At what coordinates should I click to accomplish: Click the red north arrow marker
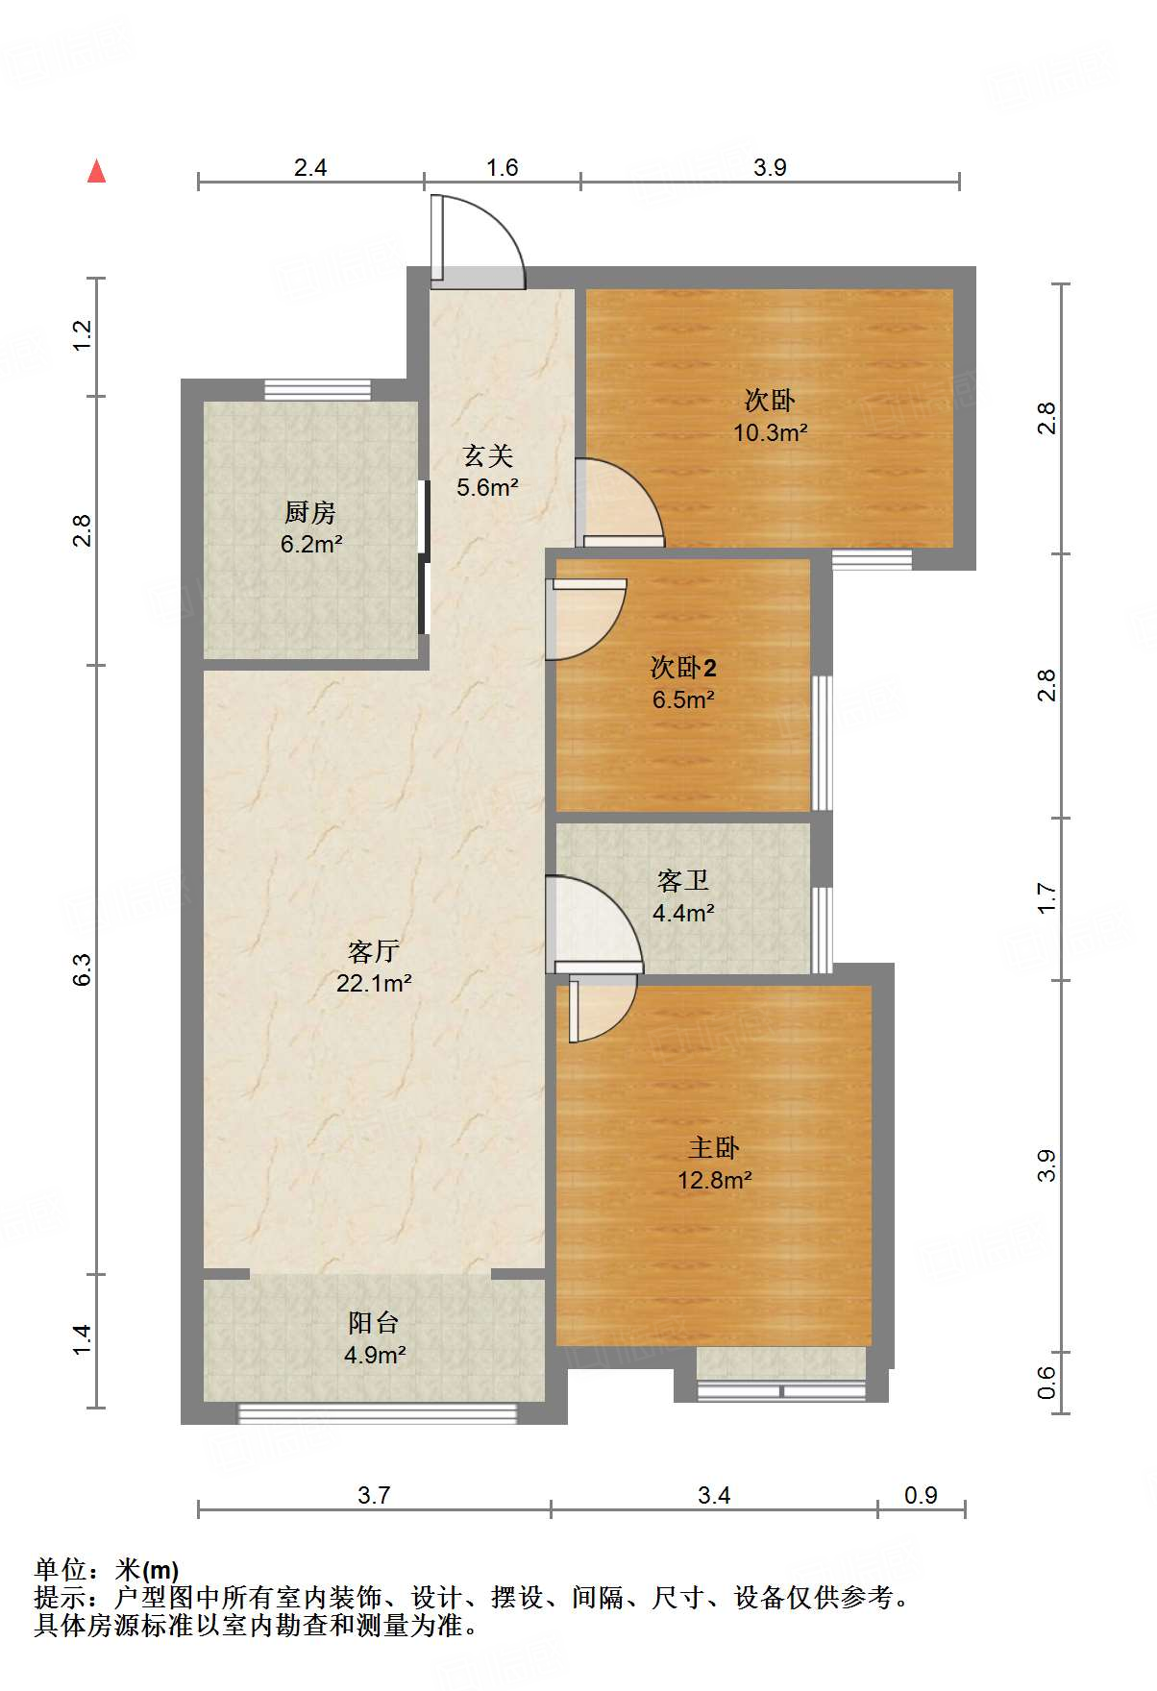click(96, 171)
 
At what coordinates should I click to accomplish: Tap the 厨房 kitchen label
click(310, 512)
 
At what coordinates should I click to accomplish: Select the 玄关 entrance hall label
click(488, 455)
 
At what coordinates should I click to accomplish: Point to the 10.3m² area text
click(771, 432)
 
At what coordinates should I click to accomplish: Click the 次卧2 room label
click(683, 667)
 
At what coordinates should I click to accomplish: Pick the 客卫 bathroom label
click(683, 880)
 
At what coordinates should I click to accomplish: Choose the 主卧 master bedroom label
click(714, 1147)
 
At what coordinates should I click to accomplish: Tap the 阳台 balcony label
click(374, 1323)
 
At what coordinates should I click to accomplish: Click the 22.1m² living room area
click(374, 983)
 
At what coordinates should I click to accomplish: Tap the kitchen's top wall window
click(317, 390)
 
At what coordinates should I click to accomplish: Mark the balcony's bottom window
click(377, 1413)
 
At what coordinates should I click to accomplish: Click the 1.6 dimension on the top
click(502, 168)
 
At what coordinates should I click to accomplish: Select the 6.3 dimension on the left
click(83, 968)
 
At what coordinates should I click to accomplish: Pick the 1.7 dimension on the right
click(1047, 898)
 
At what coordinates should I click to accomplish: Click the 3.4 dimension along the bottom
click(714, 1495)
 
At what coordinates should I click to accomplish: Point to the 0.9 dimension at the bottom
click(921, 1495)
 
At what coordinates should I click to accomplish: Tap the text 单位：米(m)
click(107, 1570)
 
